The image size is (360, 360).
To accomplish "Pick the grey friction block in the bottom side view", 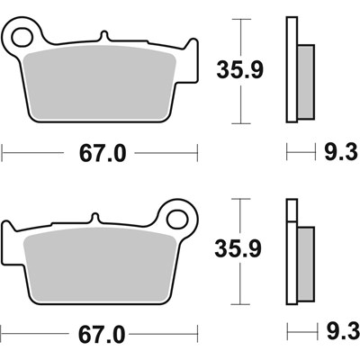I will (x=304, y=260).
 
